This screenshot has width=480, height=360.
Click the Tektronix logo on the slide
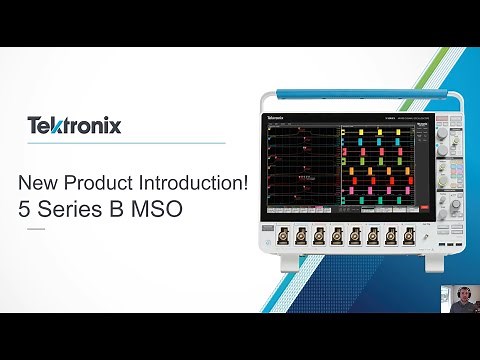74,126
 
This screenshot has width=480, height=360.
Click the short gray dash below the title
35,229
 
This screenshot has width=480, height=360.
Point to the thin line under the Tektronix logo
120,142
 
